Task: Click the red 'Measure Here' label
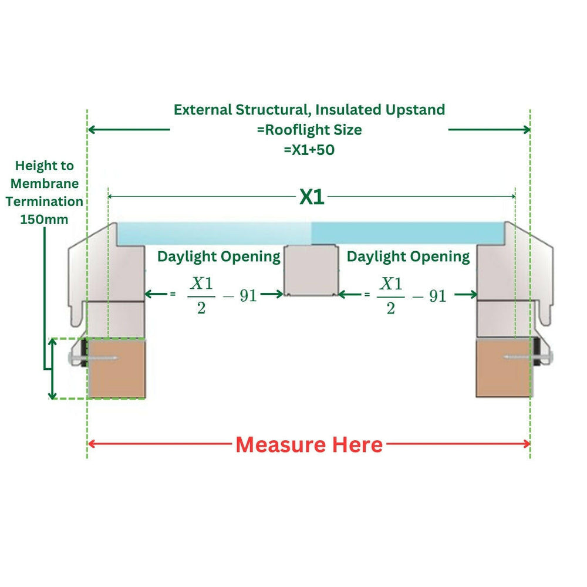point(309,445)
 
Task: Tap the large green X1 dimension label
point(312,197)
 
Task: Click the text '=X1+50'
point(309,150)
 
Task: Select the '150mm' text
point(44,219)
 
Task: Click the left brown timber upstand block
point(116,368)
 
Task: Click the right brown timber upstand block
point(504,368)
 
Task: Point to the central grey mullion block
point(311,270)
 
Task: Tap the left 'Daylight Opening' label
point(218,257)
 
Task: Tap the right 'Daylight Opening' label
point(408,257)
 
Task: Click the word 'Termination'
point(44,201)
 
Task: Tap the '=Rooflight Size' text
point(309,130)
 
